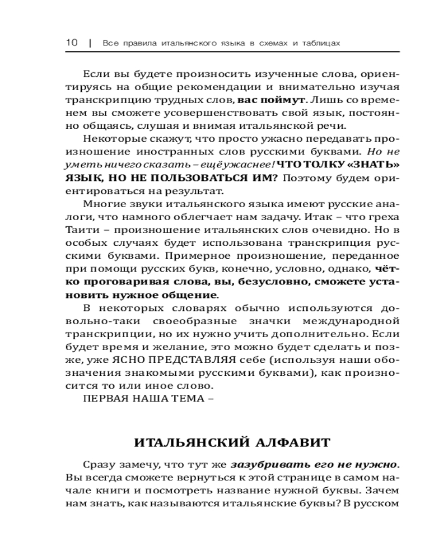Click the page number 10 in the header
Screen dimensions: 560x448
point(71,43)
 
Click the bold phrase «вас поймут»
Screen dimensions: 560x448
point(272,100)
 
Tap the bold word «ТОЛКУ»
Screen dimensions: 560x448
point(323,165)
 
